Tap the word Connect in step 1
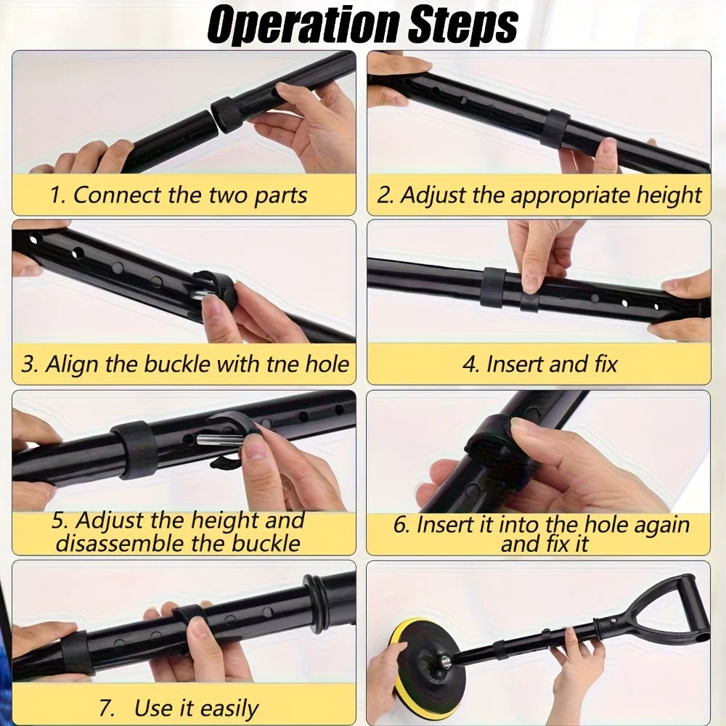point(118,195)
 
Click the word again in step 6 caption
point(661,526)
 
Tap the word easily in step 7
point(229,709)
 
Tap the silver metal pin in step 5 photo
point(218,439)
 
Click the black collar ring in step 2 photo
point(555,129)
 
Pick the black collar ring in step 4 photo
point(492,287)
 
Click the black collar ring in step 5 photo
point(135,449)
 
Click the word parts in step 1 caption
point(280,195)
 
